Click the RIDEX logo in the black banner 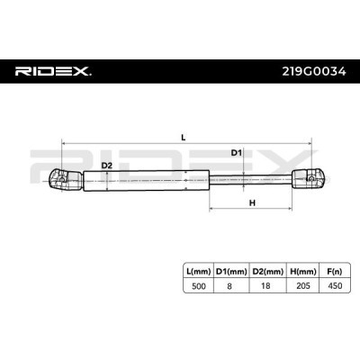pyautogui.click(x=53, y=71)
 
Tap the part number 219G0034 pyautogui.click(x=314, y=72)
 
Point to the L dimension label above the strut pyautogui.click(x=184, y=138)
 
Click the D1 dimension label pyautogui.click(x=236, y=153)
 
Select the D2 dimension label pyautogui.click(x=106, y=166)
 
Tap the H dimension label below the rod pyautogui.click(x=252, y=203)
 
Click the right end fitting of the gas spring pyautogui.click(x=309, y=179)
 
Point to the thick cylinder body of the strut pyautogui.click(x=146, y=180)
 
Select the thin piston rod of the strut pyautogui.click(x=251, y=179)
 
